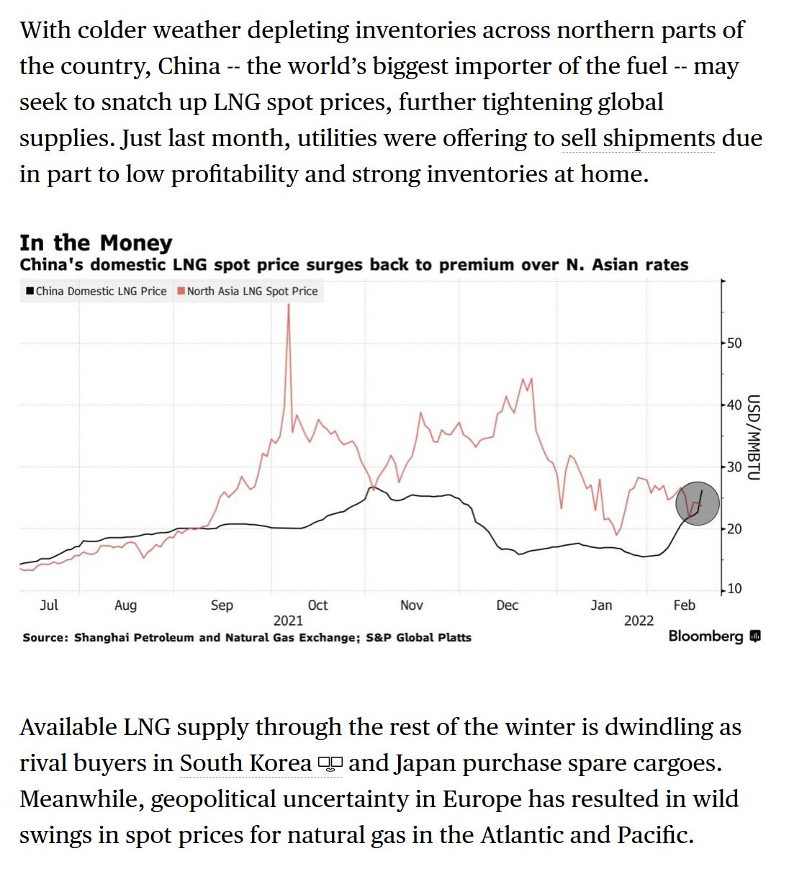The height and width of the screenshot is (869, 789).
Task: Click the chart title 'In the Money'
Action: (96, 243)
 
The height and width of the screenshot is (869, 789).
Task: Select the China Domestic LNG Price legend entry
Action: (96, 291)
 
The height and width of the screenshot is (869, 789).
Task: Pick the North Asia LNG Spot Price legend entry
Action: (248, 291)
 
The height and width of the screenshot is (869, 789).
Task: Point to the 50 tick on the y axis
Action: (734, 343)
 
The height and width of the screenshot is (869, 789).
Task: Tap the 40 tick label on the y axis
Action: (734, 405)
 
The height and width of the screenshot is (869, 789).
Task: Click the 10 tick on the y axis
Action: (734, 589)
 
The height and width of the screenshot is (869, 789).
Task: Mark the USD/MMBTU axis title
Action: (753, 437)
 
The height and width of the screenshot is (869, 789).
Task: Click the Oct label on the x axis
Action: (317, 605)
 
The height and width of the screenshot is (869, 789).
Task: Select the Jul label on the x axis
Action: (49, 605)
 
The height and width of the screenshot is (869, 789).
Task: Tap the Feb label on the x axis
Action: (684, 605)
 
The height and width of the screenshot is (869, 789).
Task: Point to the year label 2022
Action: (639, 621)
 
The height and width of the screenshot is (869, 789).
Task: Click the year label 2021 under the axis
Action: (288, 621)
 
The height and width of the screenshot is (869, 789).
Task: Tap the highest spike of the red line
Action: (289, 306)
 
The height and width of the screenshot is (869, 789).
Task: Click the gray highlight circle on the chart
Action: (697, 503)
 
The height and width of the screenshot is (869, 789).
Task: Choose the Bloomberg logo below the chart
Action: (713, 636)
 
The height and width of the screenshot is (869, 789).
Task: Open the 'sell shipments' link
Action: (638, 138)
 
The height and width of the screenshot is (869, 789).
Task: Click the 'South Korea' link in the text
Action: (245, 763)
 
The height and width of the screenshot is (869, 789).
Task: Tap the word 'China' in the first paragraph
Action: (189, 66)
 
